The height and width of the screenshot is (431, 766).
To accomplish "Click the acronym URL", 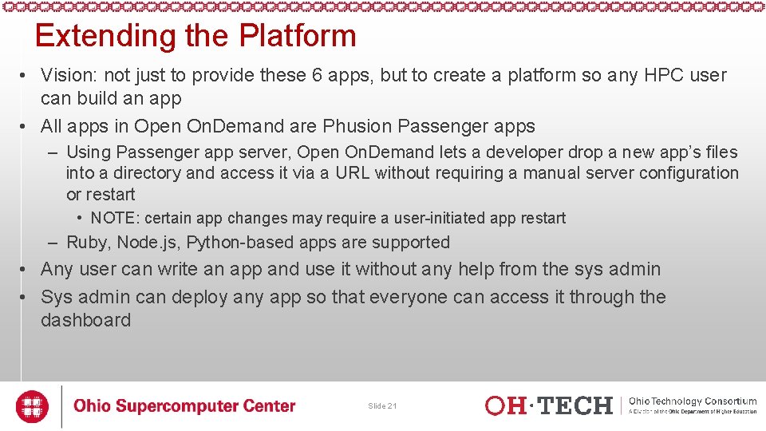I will [352, 173].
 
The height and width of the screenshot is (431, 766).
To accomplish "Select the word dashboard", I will [85, 321].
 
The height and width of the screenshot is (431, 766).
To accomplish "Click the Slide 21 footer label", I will [382, 406].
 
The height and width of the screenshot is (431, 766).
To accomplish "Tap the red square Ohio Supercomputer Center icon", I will [33, 406].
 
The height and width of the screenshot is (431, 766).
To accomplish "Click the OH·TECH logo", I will [549, 406].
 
